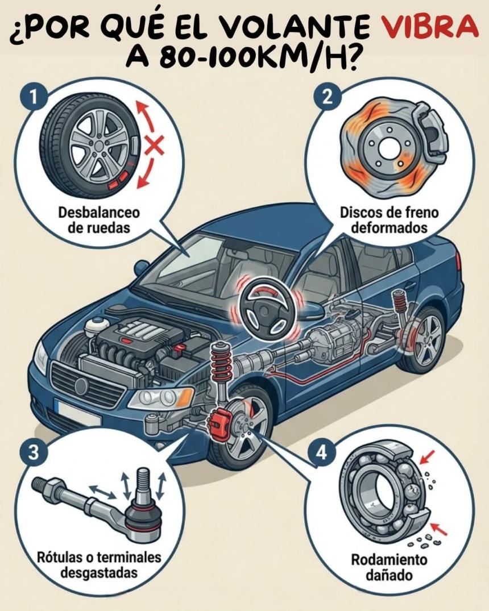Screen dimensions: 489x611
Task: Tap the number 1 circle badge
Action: pos(34,96)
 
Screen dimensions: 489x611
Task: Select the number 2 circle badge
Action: pos(328,96)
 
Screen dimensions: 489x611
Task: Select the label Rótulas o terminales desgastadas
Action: pos(99,564)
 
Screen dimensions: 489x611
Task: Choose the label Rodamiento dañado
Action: pos(389,567)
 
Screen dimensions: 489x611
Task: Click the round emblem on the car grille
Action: pos(81,386)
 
